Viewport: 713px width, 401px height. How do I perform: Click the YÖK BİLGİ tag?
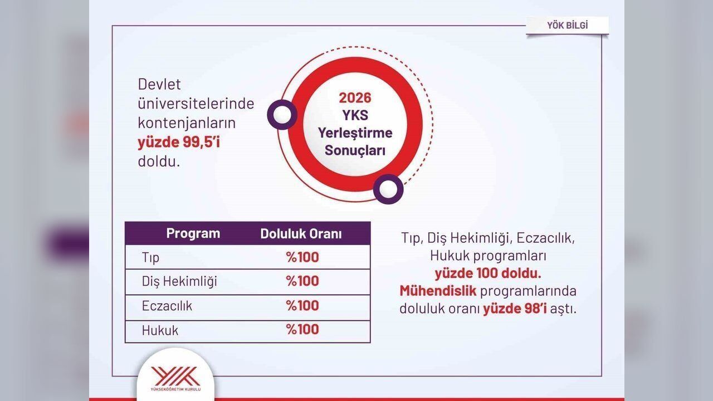pos(567,26)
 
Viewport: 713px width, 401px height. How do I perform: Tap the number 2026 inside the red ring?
pos(355,97)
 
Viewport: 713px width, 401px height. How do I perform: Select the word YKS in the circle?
pos(355,115)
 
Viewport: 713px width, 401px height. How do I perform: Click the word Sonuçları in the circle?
pos(355,150)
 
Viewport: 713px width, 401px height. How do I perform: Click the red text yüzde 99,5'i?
pos(179,142)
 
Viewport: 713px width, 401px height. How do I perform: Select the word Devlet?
pos(159,84)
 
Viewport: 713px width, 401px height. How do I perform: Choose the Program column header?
pos(193,233)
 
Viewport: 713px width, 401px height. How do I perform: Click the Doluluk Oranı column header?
pos(301,233)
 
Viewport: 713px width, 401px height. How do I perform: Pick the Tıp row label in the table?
pos(150,257)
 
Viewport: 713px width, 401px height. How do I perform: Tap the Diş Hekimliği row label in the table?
pos(179,281)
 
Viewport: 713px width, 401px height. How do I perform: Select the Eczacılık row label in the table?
pos(167,306)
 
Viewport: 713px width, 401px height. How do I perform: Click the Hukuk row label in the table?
pos(160,330)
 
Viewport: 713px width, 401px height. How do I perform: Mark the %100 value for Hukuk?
pos(302,329)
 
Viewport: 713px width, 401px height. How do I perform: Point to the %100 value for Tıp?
pos(302,257)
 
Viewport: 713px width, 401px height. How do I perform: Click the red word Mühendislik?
pos(438,291)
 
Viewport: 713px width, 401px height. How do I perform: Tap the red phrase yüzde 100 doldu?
pos(488,273)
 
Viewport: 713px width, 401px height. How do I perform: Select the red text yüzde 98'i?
pos(515,309)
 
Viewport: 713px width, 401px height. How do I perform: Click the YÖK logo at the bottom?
pos(175,378)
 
